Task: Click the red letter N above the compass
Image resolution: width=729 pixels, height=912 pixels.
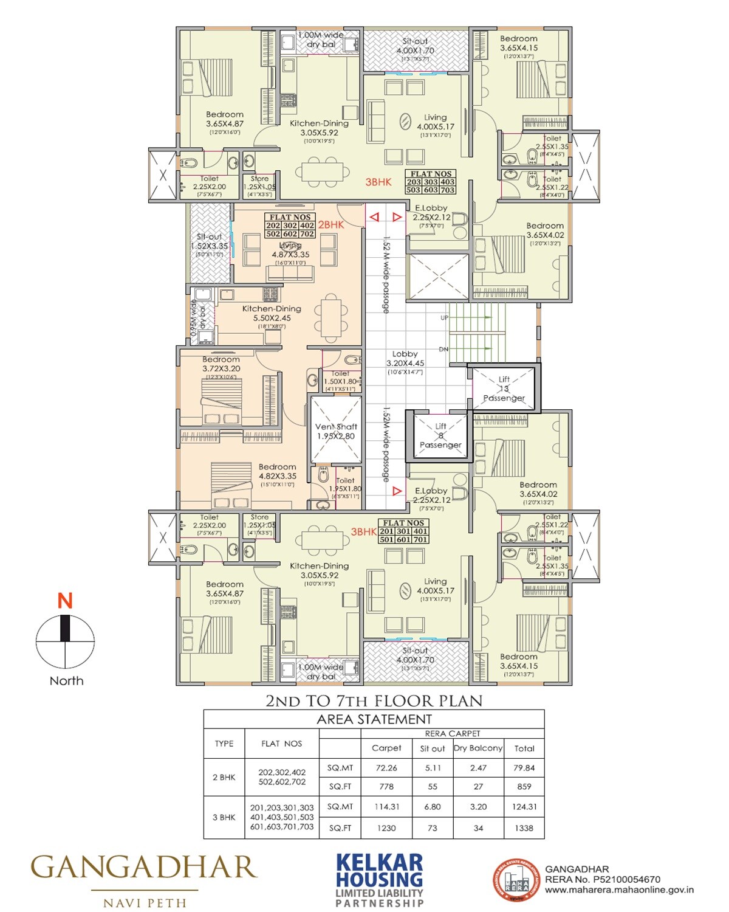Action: coord(65,601)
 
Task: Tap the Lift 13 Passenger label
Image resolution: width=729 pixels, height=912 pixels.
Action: coord(504,389)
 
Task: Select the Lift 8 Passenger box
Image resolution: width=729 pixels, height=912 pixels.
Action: coord(440,436)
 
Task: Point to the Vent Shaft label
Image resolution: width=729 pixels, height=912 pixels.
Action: coord(336,431)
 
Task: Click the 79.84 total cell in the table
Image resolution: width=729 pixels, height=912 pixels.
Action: coord(524,768)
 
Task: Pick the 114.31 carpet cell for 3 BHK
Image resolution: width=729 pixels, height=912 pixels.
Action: coord(386,807)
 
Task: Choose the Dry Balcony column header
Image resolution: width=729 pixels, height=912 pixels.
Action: coord(478,748)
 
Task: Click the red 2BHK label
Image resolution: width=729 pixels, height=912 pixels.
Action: coord(331,224)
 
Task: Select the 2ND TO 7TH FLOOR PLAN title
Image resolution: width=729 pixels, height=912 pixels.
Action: coord(374,700)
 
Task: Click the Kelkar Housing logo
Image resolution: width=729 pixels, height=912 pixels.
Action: coord(380,880)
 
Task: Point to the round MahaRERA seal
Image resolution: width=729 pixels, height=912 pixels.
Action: coord(516,880)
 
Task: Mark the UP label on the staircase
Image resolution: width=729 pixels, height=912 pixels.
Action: coord(445,318)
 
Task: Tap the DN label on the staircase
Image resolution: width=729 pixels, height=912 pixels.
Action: coord(443,350)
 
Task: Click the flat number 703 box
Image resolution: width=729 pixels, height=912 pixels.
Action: coord(448,190)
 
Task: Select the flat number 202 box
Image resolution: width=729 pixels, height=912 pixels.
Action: coord(273,226)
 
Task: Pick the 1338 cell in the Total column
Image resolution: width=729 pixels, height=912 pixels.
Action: coord(524,827)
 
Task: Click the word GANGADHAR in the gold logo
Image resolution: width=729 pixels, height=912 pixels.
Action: coord(144,868)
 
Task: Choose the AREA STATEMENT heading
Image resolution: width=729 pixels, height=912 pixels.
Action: coord(374,719)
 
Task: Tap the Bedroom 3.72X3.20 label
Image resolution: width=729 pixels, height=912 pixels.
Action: coord(221,364)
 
